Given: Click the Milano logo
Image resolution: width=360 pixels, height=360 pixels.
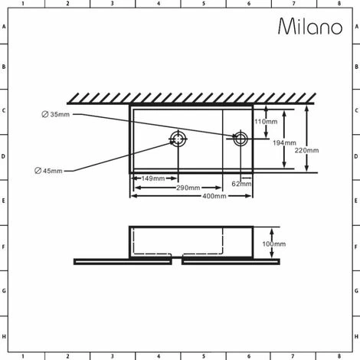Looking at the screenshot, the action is (x=310, y=26).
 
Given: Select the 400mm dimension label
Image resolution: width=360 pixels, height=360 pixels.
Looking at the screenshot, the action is (x=214, y=196).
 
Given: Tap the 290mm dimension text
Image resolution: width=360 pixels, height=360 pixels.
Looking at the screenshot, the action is (x=188, y=188).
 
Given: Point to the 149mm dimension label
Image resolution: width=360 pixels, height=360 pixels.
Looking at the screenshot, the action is (x=153, y=178).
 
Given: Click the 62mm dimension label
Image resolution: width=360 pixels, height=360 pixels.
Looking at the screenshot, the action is (x=241, y=184).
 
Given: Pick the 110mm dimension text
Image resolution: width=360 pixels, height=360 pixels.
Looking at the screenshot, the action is (x=266, y=122).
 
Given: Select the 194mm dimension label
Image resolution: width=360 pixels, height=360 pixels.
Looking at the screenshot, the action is (x=284, y=143).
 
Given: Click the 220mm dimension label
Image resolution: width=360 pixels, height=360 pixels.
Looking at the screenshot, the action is (x=306, y=150).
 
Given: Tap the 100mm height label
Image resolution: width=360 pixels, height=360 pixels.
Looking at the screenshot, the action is (x=274, y=244).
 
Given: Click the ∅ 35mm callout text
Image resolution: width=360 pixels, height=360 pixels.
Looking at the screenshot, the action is (x=56, y=114).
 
